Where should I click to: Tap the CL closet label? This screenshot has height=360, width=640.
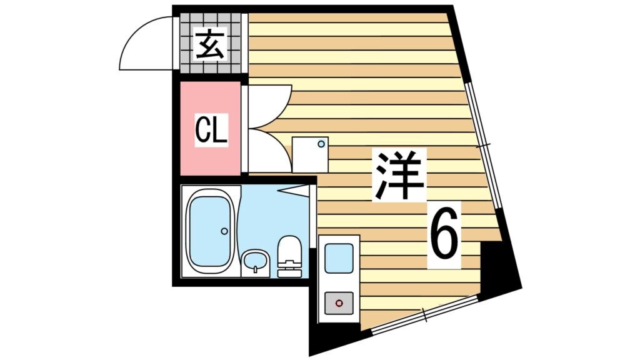[x=211, y=131]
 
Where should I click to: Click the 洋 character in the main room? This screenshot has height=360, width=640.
[x=399, y=175]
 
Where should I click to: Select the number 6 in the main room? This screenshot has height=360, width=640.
[x=444, y=236]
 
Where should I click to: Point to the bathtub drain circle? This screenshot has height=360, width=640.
[x=224, y=231]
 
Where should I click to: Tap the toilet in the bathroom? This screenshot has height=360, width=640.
[x=289, y=256]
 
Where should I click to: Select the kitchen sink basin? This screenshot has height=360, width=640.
[x=339, y=257]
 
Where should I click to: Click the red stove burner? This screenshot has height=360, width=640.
[x=339, y=303]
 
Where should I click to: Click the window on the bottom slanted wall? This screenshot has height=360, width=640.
[x=425, y=316]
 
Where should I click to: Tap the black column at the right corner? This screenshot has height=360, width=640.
[x=499, y=269]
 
